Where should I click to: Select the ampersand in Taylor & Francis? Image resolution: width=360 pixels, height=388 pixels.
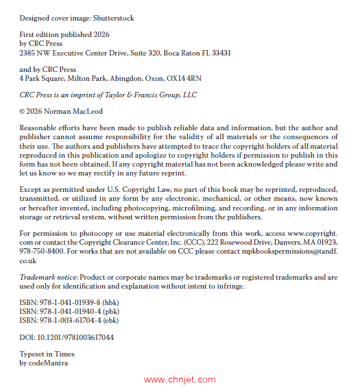[x=135, y=95]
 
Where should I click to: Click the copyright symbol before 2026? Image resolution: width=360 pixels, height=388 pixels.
[x=23, y=111]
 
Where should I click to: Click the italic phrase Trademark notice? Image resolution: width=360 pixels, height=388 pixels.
[x=47, y=276]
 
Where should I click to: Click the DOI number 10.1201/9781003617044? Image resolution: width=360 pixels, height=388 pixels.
[x=75, y=337]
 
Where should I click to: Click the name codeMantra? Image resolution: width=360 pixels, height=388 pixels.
[x=48, y=363]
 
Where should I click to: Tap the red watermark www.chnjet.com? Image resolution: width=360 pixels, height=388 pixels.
[x=180, y=379]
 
